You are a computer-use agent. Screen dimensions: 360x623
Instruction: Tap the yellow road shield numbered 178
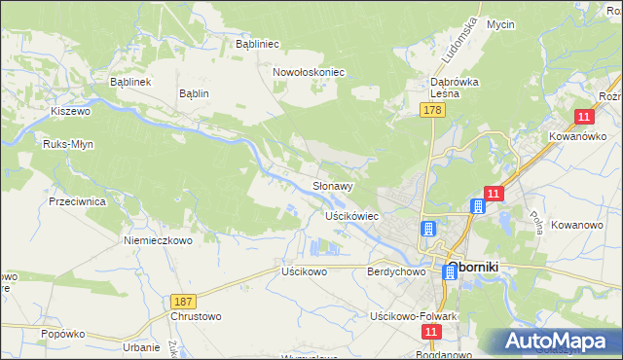[433, 113]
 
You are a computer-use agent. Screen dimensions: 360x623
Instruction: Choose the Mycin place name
[500, 24]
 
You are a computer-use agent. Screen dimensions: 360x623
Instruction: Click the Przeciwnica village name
[77, 201]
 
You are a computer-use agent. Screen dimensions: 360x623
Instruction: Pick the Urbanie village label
[141, 347]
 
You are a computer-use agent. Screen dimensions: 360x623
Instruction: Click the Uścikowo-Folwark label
[414, 317]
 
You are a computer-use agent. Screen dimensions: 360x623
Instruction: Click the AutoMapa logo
[556, 342]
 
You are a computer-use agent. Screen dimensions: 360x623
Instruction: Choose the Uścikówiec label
[351, 215]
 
